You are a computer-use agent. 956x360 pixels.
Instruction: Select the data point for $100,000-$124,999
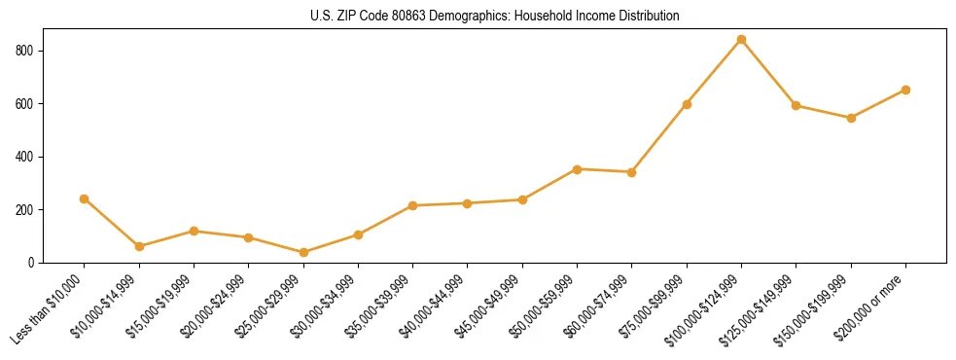(x=741, y=40)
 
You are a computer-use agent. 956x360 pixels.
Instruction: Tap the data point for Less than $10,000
(x=84, y=198)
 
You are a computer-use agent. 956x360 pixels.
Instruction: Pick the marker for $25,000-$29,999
(x=303, y=253)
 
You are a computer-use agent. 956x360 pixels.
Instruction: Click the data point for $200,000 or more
(x=905, y=90)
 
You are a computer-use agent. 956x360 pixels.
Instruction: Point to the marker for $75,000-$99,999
(x=687, y=104)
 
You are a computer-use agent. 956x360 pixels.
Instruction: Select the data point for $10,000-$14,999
(x=139, y=247)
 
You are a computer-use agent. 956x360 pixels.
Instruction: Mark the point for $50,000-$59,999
(x=577, y=169)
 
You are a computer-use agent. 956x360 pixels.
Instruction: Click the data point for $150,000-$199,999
(x=851, y=118)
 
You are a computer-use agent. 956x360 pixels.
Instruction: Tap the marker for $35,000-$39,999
(x=412, y=206)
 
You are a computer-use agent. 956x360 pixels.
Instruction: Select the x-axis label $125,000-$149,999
(x=762, y=307)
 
